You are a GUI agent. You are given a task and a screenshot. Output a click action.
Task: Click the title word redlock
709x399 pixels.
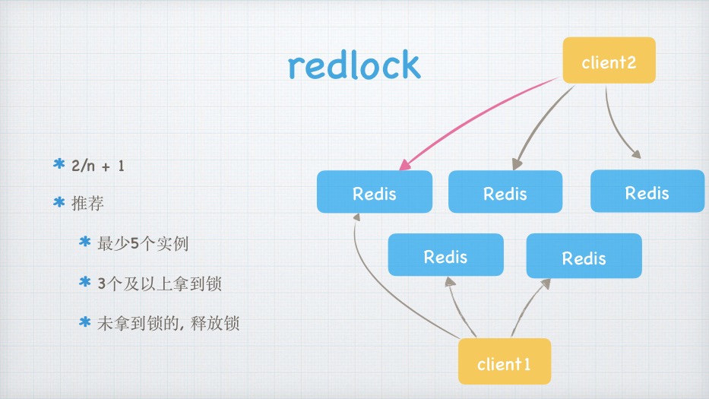354,65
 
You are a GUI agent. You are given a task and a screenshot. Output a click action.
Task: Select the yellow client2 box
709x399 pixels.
609,61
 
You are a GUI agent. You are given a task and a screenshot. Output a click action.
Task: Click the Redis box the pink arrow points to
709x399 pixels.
374,192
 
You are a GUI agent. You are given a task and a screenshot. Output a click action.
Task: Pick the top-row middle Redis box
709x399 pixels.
505,192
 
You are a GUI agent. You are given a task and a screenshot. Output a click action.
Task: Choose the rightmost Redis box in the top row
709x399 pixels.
647,191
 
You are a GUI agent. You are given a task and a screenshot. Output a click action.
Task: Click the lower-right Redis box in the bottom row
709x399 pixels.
584,256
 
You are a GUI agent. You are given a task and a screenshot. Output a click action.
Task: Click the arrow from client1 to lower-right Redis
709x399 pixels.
528,308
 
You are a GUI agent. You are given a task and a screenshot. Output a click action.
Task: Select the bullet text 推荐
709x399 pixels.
87,204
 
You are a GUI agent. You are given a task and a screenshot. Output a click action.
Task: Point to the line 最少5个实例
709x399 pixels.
143,244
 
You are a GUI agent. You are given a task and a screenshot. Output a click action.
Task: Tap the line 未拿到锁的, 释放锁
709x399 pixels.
169,323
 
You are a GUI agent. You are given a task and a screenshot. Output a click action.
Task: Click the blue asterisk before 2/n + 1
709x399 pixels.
59,164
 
